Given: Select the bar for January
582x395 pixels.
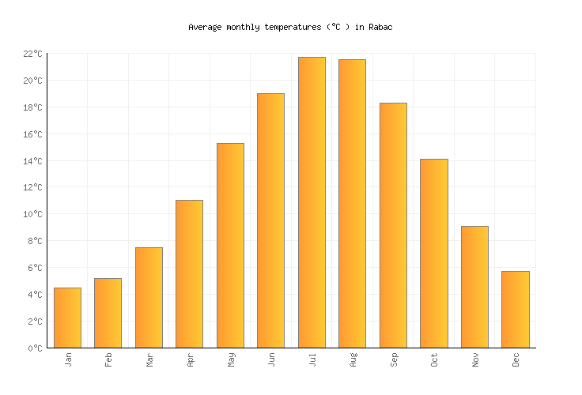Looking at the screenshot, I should [x=67, y=318].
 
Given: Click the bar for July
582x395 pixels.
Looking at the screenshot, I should [x=312, y=202].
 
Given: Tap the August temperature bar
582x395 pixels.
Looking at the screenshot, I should [x=352, y=203].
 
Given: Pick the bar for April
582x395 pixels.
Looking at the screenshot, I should [x=189, y=273].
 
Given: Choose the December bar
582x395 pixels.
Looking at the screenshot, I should [x=515, y=309].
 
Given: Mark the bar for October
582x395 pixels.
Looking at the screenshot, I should [x=433, y=253].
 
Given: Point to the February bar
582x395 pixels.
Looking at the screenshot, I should [x=108, y=313].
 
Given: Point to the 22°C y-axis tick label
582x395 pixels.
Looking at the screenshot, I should [x=32, y=54].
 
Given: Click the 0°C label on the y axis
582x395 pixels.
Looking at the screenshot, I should [x=35, y=348].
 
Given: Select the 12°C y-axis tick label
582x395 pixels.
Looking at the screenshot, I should [x=32, y=188].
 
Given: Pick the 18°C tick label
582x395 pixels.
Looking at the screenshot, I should [x=32, y=107].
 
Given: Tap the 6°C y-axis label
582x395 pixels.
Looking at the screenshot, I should [x=35, y=268].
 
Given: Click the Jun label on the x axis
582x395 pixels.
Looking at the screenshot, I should [x=271, y=359].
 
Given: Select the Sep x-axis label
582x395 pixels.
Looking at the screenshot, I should [x=394, y=359].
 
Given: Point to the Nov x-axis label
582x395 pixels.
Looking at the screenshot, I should [x=475, y=359].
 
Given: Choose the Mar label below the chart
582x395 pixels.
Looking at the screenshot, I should [x=149, y=359].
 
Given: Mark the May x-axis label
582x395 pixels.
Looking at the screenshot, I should [x=231, y=359].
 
